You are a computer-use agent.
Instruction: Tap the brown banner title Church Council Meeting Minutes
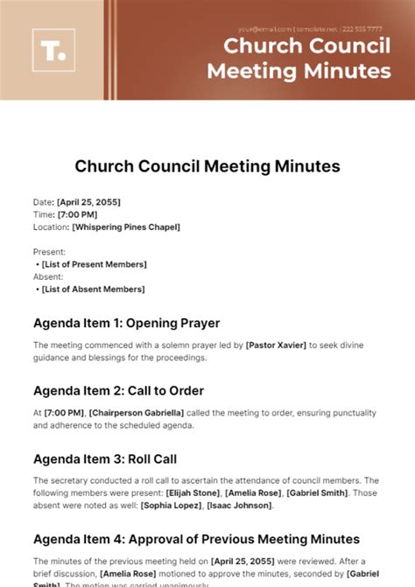point(306,57)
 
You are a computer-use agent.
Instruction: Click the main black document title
point(207,165)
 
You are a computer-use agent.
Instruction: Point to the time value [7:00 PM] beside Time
point(76,214)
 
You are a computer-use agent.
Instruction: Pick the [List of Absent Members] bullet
point(94,289)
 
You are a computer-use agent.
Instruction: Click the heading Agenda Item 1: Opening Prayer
point(126,323)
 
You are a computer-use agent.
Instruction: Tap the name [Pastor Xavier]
point(277,346)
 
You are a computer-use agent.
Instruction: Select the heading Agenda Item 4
point(196,538)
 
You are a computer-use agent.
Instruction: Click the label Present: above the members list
point(48,252)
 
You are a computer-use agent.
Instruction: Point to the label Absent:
point(47,276)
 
